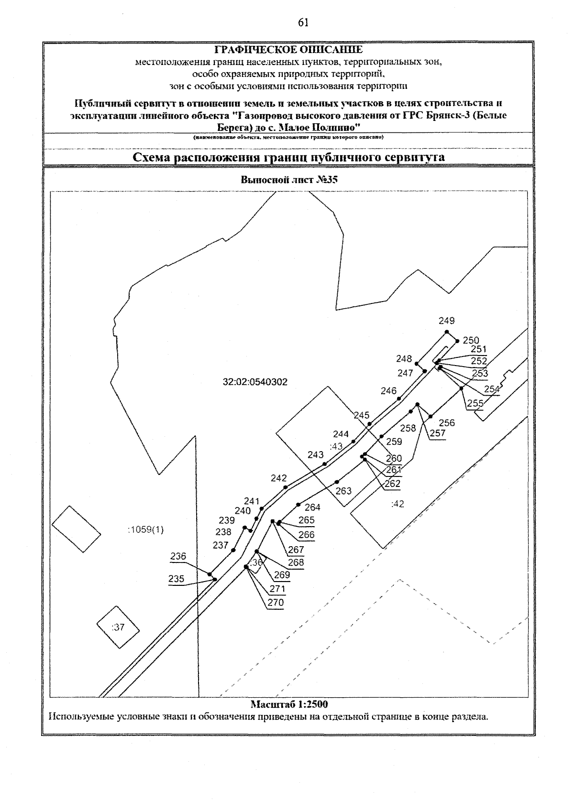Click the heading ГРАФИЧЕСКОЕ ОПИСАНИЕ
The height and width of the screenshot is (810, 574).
288,50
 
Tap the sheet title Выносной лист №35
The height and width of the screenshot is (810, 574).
287,180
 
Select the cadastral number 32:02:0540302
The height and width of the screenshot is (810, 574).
255,382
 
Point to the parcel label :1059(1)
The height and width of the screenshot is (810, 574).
146,529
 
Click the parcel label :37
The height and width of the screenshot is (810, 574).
118,627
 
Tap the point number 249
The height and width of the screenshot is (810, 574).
447,321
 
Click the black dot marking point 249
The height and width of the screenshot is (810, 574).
447,332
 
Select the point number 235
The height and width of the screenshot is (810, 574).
176,579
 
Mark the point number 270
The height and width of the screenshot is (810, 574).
276,603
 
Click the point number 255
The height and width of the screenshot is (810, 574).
475,403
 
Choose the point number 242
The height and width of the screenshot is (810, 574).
278,478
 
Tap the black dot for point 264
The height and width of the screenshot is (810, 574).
298,505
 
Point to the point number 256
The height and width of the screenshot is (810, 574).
447,423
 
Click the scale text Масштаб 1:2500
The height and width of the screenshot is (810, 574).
289,704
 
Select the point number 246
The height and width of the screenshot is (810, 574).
389,391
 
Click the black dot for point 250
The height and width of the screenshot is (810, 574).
458,341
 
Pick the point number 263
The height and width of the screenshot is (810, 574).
343,491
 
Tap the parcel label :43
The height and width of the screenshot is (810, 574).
337,446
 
